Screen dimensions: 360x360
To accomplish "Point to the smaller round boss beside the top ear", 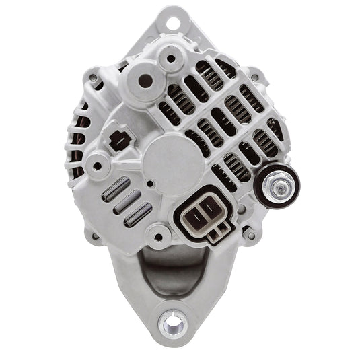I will click(x=171, y=59).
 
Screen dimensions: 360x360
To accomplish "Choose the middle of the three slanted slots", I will click(x=128, y=203).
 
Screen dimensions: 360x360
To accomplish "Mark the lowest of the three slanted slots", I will click(x=139, y=214).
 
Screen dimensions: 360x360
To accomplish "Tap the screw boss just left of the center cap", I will click(x=98, y=163).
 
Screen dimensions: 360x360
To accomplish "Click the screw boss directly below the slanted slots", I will click(x=159, y=235).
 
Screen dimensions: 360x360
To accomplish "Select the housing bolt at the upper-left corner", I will click(x=91, y=79).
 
